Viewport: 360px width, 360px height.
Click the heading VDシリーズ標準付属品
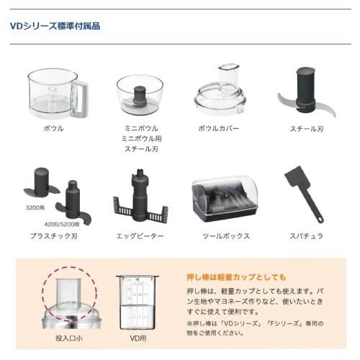55,27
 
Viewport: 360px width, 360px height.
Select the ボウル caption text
54,128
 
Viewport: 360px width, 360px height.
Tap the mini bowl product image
139,94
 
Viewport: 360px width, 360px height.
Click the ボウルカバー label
219,128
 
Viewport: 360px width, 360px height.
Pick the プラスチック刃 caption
54,235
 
